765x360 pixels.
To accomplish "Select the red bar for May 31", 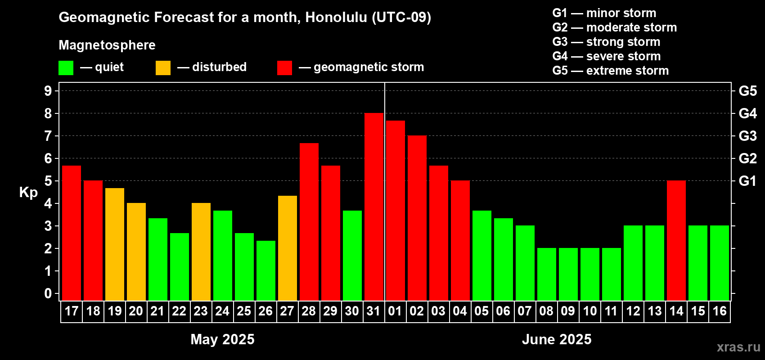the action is point(373,207).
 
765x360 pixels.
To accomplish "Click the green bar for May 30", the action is point(352,256).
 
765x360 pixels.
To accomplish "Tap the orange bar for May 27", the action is point(287,248).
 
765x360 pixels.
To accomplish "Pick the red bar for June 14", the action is point(676,240).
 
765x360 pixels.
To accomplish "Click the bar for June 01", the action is point(396,211).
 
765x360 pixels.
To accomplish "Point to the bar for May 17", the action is point(72,233).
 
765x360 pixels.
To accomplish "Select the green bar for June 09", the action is point(568,274).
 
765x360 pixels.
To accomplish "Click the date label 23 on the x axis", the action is point(201,311).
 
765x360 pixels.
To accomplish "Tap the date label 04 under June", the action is point(460,311).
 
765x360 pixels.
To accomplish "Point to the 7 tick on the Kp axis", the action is point(48,136).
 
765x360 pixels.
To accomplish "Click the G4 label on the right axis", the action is point(748,113).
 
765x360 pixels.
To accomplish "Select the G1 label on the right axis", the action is point(748,181).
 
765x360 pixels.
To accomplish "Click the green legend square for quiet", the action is point(66,67).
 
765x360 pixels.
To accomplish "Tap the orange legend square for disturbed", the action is point(163,67).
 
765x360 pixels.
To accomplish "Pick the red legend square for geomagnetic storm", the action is point(285,67).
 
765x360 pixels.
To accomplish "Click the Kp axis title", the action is point(28,193).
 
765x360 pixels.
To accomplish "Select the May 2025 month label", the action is point(222,339).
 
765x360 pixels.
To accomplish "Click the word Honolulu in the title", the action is point(336,18).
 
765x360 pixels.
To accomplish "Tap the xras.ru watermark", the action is point(738,347).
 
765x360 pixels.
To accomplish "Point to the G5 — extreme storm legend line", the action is point(611,71).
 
